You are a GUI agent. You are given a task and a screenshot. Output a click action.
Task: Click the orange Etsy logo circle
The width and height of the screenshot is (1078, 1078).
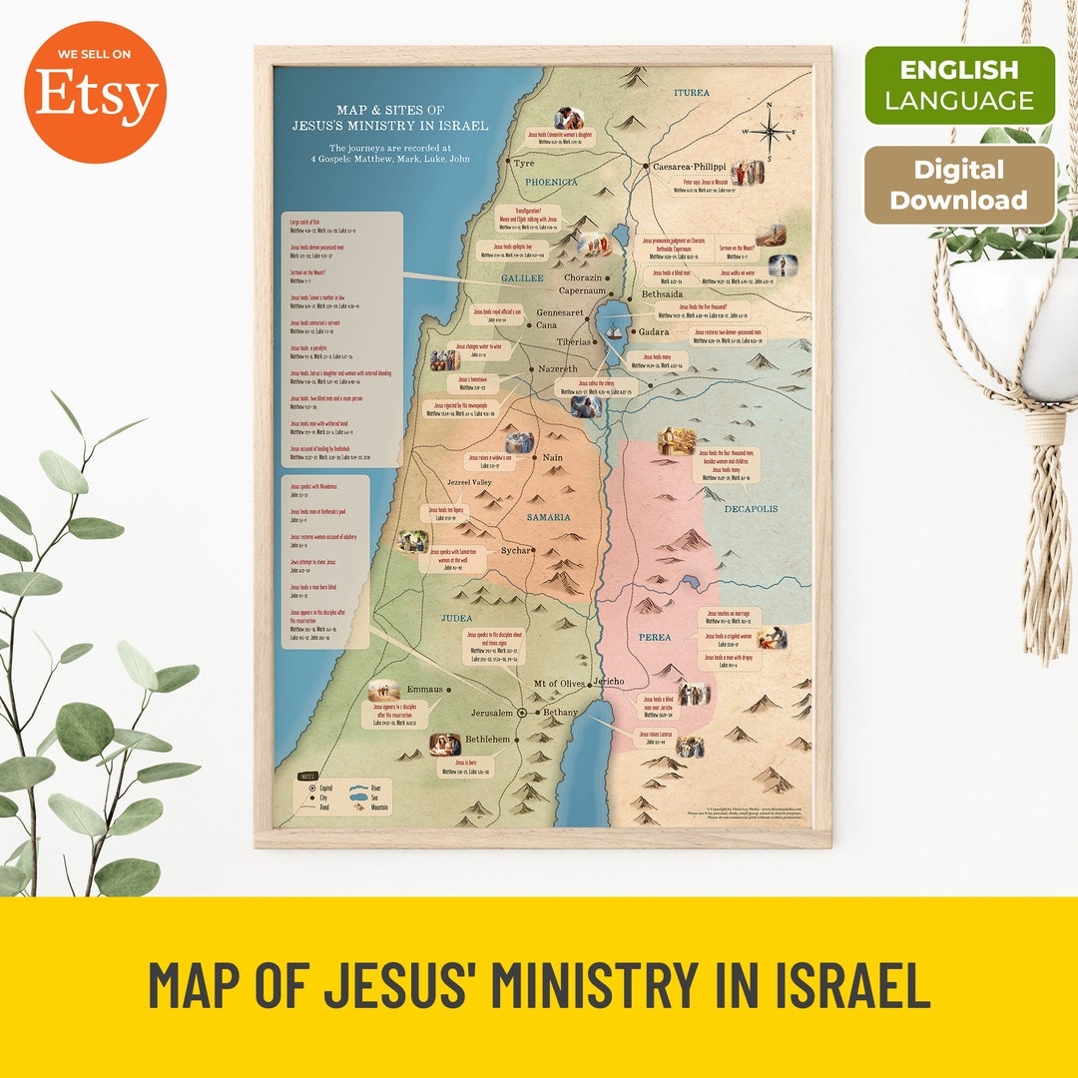[x=96, y=93]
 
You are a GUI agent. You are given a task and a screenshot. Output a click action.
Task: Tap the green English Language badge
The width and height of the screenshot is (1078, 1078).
[x=958, y=86]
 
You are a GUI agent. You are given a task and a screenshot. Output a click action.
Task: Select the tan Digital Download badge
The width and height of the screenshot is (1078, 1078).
[x=958, y=187]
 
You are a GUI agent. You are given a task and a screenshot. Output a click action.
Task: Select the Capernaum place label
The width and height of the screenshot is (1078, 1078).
[x=582, y=291]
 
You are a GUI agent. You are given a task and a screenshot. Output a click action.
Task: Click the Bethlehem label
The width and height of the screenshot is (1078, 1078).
[x=487, y=740]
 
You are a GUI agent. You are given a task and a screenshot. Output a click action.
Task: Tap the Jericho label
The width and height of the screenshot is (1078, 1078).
[x=608, y=682]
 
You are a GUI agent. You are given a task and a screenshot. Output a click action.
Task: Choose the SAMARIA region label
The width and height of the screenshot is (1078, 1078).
[x=549, y=517]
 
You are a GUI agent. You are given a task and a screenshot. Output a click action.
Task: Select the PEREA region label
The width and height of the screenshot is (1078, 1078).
[x=655, y=637]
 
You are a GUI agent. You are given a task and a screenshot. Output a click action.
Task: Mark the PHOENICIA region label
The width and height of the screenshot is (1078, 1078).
[x=552, y=183]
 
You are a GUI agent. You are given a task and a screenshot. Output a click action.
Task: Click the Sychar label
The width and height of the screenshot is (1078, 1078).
[x=516, y=550]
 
